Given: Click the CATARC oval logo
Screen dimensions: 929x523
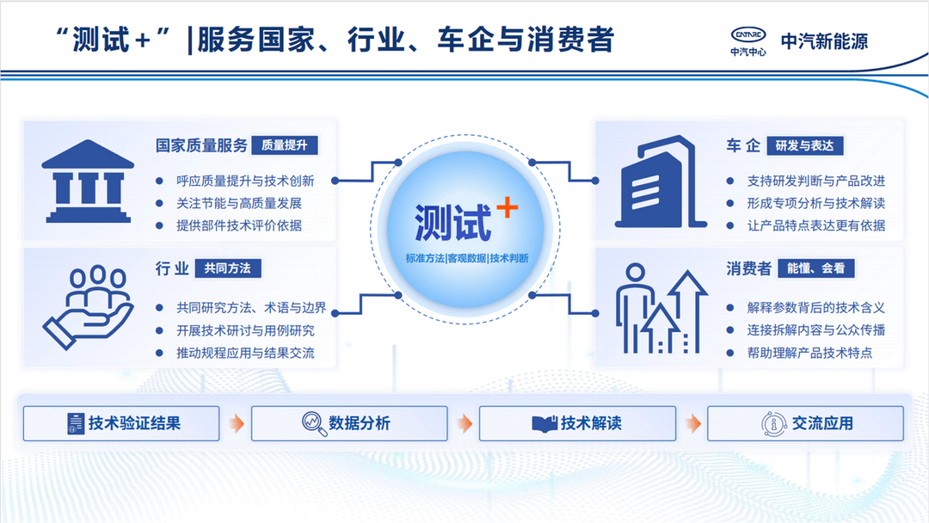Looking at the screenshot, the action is click(x=748, y=34).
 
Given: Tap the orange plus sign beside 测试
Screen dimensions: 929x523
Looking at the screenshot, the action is click(x=508, y=207).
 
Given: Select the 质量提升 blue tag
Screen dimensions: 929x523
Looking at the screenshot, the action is click(x=285, y=145).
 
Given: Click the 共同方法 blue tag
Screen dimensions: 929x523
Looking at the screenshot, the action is click(x=227, y=268).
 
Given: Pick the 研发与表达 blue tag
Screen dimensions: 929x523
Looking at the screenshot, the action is click(x=804, y=145).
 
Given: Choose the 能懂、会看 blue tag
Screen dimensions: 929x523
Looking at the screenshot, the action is click(x=815, y=268).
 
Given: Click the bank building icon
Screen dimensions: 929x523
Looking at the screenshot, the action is click(x=89, y=182).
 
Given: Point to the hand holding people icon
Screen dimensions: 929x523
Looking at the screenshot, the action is click(x=89, y=307).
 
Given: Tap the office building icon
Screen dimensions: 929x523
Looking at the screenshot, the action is click(x=660, y=182).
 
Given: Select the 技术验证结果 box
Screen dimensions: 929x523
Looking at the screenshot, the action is click(x=121, y=423).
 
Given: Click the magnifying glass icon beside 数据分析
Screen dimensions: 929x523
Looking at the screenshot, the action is click(x=314, y=423).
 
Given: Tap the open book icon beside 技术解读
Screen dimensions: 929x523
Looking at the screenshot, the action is click(x=544, y=424).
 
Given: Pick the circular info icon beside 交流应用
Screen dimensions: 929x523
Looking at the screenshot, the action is click(x=773, y=424).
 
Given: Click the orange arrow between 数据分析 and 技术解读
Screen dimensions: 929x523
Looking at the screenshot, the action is click(x=465, y=423).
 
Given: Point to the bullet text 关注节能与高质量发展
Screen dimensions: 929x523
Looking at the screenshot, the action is click(x=239, y=203).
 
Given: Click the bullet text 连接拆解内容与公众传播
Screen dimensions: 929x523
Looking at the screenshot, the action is click(x=815, y=330).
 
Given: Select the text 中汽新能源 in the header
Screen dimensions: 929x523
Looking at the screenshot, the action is click(x=824, y=41).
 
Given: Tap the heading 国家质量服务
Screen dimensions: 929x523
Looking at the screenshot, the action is click(x=201, y=145).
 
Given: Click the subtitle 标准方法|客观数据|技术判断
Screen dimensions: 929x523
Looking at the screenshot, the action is click(x=467, y=258).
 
